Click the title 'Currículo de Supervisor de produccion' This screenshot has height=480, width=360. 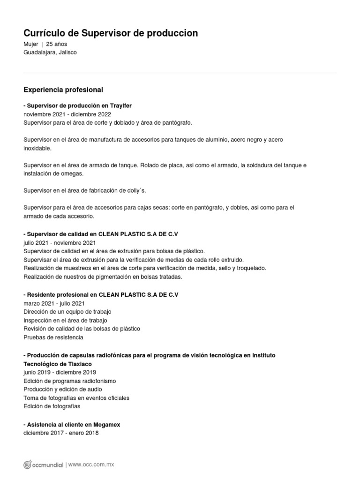(x=111, y=33)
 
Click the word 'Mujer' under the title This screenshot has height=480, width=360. (x=31, y=44)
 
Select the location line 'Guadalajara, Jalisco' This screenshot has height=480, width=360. (x=50, y=52)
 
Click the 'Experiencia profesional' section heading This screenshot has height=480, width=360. (x=63, y=90)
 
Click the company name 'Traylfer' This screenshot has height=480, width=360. (x=121, y=106)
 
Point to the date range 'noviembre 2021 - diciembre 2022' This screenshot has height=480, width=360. (x=67, y=114)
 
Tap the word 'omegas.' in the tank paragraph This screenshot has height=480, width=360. (x=73, y=173)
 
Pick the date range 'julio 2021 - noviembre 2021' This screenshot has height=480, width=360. (x=60, y=243)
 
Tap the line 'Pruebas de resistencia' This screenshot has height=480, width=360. (x=53, y=337)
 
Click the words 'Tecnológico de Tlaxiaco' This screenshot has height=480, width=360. (x=58, y=364)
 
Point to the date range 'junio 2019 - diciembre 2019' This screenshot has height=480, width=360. (x=60, y=372)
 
